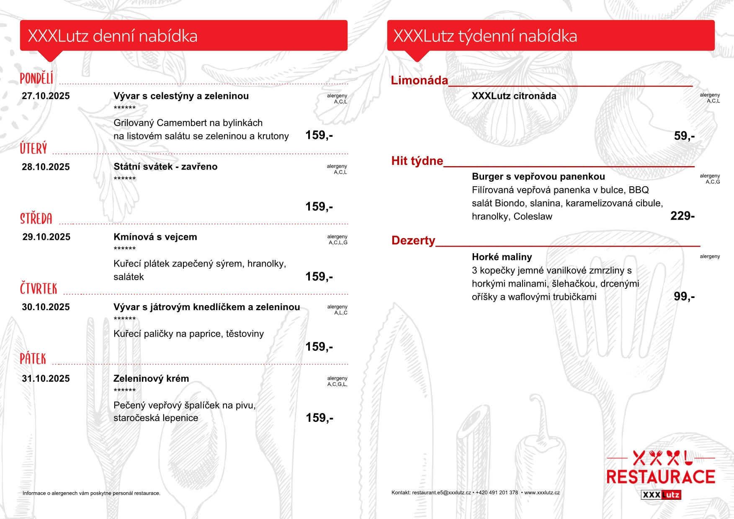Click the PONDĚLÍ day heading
pyautogui.click(x=37, y=78)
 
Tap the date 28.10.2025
pyautogui.click(x=46, y=167)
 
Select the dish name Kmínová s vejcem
pyautogui.click(x=155, y=237)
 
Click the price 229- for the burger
pyautogui.click(x=682, y=216)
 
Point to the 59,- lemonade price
pyautogui.click(x=684, y=136)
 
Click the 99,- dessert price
pyautogui.click(x=684, y=297)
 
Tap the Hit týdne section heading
pyautogui.click(x=417, y=161)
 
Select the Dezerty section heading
pyautogui.click(x=413, y=241)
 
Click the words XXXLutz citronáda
pyautogui.click(x=514, y=96)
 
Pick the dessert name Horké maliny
pyautogui.click(x=502, y=257)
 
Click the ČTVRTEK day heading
pyautogui.click(x=39, y=289)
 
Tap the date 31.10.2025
pyautogui.click(x=46, y=379)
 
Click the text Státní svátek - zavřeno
pyautogui.click(x=165, y=167)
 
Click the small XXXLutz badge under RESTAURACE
pyautogui.click(x=661, y=495)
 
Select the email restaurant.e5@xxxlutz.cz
pyautogui.click(x=441, y=493)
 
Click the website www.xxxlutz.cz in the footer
pyautogui.click(x=542, y=493)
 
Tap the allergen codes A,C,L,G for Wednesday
pyautogui.click(x=338, y=243)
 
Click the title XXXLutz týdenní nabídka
pyautogui.click(x=485, y=36)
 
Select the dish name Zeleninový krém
pyautogui.click(x=151, y=379)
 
